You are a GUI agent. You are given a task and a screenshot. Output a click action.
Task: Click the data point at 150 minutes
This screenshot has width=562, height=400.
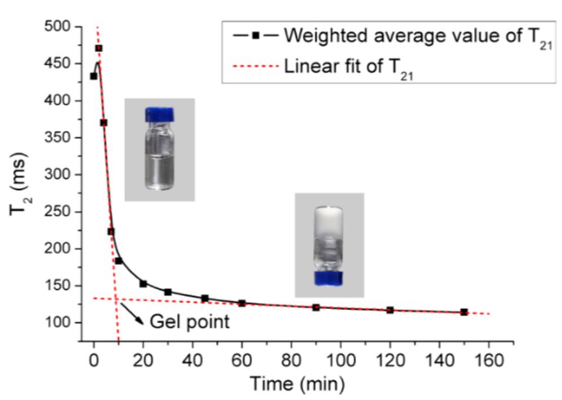[464, 312]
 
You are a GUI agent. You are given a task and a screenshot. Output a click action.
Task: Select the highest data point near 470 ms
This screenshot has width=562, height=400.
[99, 48]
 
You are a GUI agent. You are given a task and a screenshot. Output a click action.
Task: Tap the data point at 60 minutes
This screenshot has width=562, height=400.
[242, 303]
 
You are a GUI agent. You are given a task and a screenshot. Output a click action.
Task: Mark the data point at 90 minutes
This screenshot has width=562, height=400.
[316, 307]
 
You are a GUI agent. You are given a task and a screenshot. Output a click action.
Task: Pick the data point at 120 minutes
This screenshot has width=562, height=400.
[390, 309]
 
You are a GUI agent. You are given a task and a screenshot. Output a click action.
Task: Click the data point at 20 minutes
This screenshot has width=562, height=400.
[143, 284]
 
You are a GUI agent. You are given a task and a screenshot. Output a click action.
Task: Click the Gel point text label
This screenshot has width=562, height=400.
[189, 322]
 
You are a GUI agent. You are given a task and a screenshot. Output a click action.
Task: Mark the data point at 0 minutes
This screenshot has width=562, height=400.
[93, 76]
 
